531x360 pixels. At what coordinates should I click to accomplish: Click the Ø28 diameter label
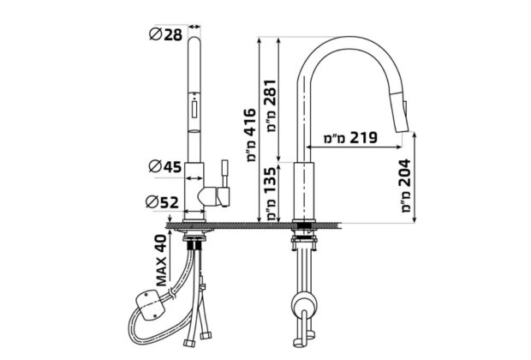(x=166, y=34)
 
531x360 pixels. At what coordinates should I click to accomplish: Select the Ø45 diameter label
(x=165, y=166)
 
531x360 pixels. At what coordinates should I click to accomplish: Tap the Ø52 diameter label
(x=162, y=202)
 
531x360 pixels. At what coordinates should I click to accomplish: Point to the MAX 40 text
(x=162, y=261)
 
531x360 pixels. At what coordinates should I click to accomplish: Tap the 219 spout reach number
(x=363, y=138)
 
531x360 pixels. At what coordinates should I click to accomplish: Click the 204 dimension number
(x=404, y=173)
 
